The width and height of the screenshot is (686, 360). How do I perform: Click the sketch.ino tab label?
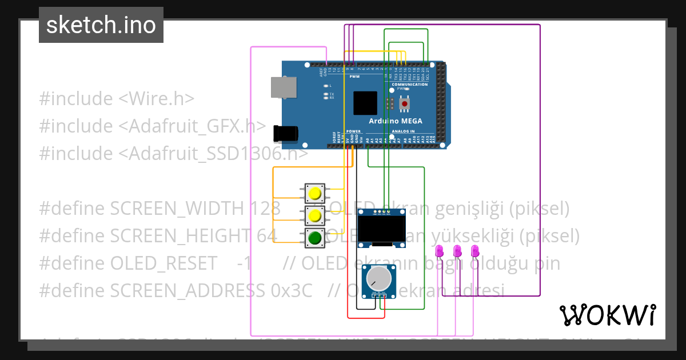coord(101,25)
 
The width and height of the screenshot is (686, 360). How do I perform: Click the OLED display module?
coord(381,229)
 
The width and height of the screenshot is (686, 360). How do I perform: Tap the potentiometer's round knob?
coord(379,279)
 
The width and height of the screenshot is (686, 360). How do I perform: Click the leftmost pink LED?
coord(440,251)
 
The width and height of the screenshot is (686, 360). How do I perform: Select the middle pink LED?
coord(457,251)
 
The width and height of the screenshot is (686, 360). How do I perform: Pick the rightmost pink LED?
coord(474,251)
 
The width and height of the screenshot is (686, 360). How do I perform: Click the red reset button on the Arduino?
coord(405,104)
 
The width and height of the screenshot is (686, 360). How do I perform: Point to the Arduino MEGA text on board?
coord(396,121)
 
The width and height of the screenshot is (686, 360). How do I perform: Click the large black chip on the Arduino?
coord(365,103)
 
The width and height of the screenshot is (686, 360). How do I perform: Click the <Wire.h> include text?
coord(156,98)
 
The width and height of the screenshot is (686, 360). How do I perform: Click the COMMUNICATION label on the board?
coord(409,85)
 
